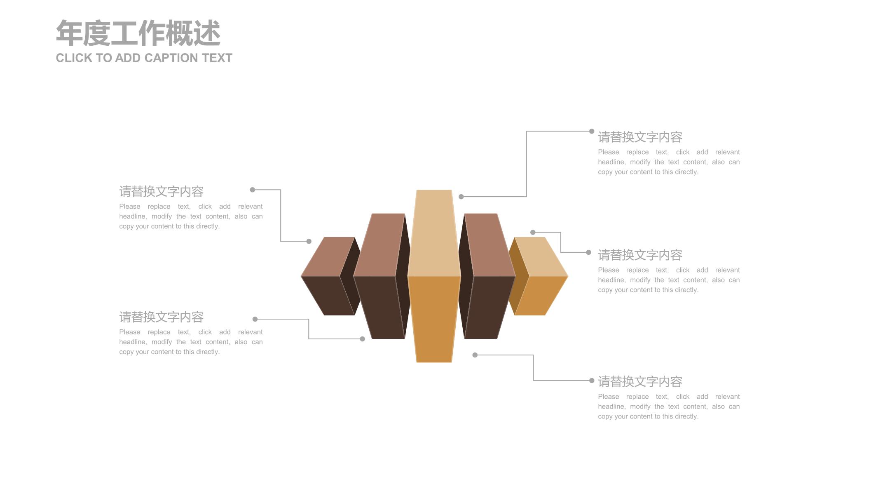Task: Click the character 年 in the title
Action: pos(69,33)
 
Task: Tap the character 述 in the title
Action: pos(207,33)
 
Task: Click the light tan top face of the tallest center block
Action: pos(434,233)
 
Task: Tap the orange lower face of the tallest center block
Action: pos(434,319)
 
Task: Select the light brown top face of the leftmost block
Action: pos(328,256)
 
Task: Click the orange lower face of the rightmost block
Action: pos(541,296)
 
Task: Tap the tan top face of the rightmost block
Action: pos(541,256)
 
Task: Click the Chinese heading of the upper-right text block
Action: pos(640,137)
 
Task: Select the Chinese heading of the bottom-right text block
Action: pos(640,381)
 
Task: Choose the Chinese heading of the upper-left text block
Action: pos(161,191)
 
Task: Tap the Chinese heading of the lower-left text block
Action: pos(161,317)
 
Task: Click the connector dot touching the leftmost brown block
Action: pos(309,241)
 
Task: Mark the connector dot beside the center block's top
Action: pos(461,197)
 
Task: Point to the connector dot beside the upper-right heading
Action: pos(592,131)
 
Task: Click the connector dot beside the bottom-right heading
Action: pos(592,381)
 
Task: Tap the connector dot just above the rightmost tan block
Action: pos(533,232)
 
